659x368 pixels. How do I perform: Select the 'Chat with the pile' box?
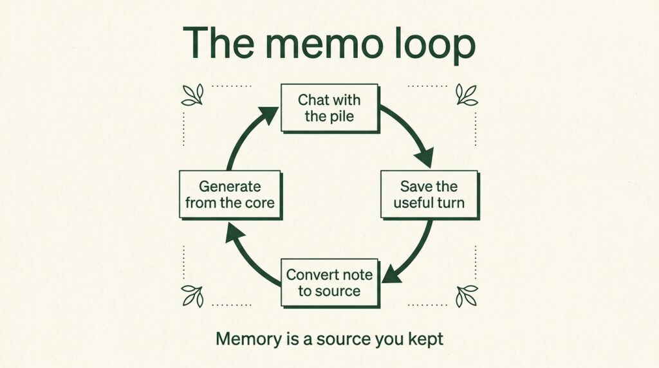(x=330, y=108)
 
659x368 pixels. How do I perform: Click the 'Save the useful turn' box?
(x=429, y=195)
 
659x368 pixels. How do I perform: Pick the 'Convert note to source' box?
(x=330, y=283)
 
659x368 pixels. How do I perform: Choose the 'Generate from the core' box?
(x=230, y=195)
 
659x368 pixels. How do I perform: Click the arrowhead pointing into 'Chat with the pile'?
(x=268, y=114)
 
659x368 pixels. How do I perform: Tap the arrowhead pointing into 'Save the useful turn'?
(x=425, y=158)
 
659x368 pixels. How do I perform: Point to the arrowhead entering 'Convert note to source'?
(x=391, y=275)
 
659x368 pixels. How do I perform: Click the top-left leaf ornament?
(x=192, y=95)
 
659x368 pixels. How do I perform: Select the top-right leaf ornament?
(x=467, y=95)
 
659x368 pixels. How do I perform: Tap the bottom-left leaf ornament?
(x=192, y=296)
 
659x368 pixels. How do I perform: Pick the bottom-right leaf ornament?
(x=467, y=296)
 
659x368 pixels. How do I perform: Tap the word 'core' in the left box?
(x=260, y=203)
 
